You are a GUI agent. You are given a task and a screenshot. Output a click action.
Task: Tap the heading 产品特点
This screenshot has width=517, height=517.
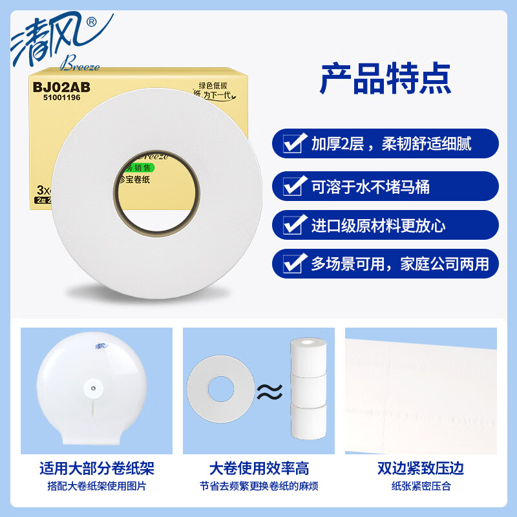[385, 79]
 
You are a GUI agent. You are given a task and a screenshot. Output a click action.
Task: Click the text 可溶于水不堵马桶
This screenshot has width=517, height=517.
[370, 187]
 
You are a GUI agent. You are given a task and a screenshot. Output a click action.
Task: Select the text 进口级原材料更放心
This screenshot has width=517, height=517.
[378, 226]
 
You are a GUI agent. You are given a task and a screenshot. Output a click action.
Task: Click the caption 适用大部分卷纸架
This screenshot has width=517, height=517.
[96, 468]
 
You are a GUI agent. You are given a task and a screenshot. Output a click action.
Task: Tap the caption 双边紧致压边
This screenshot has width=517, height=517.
[421, 468]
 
